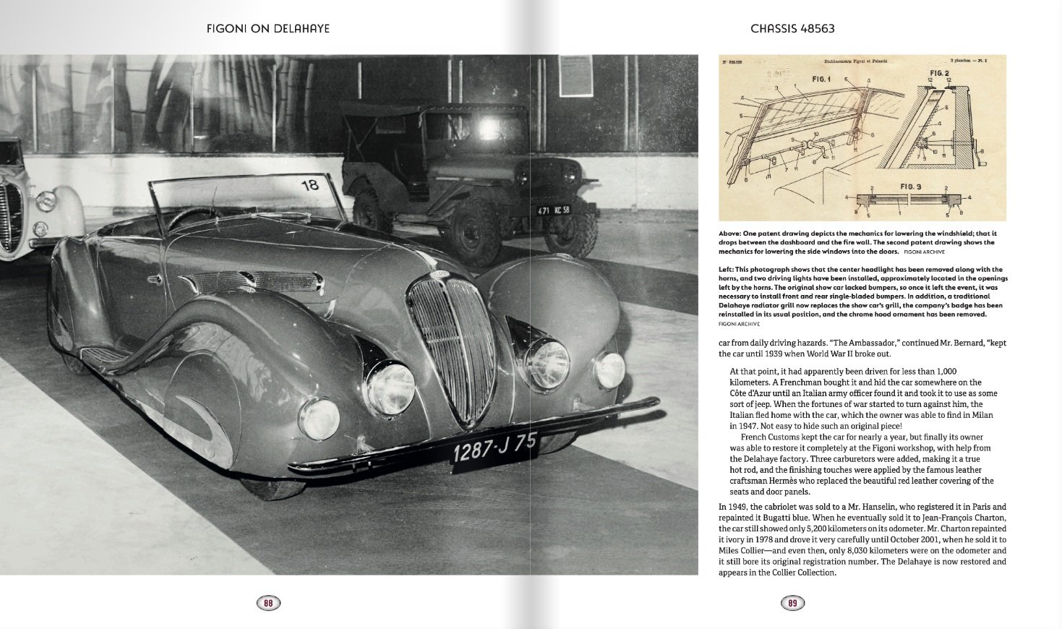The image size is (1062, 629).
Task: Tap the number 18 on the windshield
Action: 309,185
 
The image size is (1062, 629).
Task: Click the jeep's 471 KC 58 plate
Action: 554,210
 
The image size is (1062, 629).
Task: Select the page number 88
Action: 268,603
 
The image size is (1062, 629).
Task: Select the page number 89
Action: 792,603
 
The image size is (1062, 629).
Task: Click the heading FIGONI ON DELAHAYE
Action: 268,29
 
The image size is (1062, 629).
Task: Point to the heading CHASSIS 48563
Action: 792,29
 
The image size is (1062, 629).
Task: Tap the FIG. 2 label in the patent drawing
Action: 939,73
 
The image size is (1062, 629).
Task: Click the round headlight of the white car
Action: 46,200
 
